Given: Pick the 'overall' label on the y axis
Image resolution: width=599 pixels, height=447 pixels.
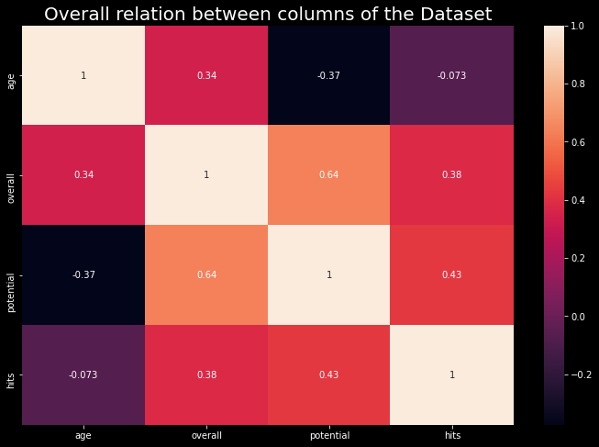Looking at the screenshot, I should coord(11,175).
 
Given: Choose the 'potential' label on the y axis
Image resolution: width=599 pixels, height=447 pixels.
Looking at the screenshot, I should coord(11,275).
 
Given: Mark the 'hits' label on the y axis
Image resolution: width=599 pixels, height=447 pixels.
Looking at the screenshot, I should coord(11,374).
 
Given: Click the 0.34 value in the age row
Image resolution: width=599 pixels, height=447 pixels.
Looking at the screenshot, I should coord(206,75).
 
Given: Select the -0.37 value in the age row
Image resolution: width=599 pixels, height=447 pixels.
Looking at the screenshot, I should coord(329,75).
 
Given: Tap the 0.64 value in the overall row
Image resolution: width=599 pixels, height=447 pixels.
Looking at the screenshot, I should coord(329,175).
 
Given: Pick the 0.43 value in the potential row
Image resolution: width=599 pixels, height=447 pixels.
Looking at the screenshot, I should coord(452,275).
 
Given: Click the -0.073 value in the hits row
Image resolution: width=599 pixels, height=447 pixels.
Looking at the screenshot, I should coord(83,374).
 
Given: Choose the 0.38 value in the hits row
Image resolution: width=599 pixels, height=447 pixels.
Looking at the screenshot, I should coord(206,374).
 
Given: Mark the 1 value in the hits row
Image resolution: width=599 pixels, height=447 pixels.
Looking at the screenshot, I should coord(452,374).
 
